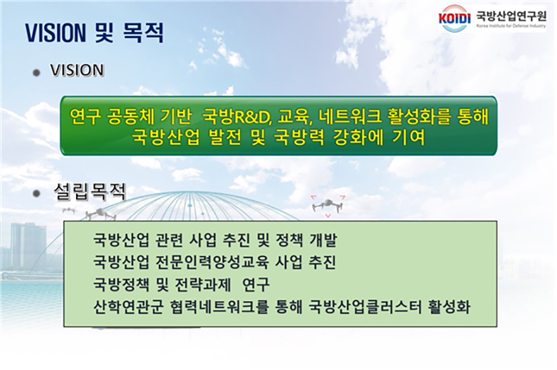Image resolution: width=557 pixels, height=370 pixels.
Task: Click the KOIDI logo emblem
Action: (x=454, y=18)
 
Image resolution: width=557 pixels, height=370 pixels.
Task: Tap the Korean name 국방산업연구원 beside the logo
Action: (x=511, y=16)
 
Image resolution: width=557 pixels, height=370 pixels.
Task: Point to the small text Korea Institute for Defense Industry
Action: (x=511, y=26)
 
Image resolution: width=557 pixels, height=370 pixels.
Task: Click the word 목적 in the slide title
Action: (x=144, y=33)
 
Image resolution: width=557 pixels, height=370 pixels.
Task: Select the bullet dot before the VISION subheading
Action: (x=36, y=73)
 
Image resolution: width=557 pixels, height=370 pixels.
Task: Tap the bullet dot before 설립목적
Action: (x=36, y=194)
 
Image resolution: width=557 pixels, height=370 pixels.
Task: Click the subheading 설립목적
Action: (x=90, y=192)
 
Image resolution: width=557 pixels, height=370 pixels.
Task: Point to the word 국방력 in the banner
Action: (x=299, y=137)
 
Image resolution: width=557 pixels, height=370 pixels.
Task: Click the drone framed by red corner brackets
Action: (x=327, y=206)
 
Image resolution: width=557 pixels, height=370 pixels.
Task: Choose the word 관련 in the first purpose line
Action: (x=169, y=240)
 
